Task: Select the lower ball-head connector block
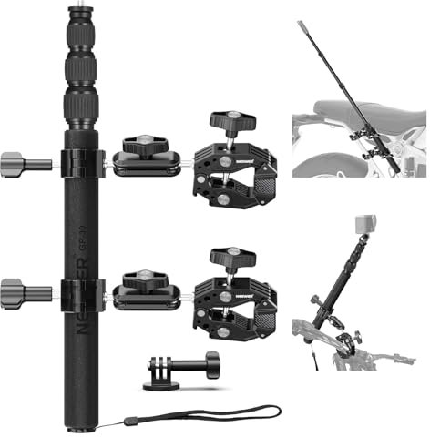(146, 291)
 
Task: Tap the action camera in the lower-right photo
(364, 224)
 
